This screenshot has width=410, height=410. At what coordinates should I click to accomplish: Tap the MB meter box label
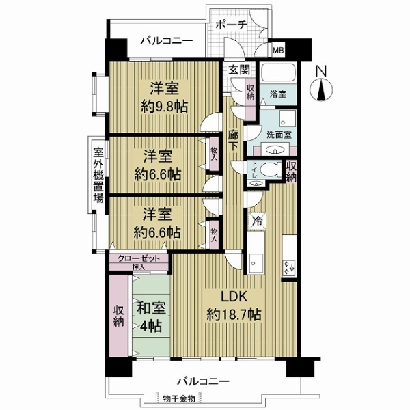(279, 50)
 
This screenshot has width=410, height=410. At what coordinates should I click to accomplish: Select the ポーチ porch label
(230, 24)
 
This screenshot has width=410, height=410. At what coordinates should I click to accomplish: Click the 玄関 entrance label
(238, 69)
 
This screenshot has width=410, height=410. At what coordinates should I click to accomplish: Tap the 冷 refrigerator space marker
(257, 221)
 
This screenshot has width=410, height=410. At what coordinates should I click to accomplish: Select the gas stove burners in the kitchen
(288, 267)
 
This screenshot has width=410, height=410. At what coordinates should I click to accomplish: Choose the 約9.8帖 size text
(165, 106)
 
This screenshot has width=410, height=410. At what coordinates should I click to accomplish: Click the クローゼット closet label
(139, 258)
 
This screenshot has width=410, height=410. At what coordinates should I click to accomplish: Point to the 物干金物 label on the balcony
(179, 398)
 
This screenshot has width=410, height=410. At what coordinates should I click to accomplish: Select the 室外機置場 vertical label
(98, 175)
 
